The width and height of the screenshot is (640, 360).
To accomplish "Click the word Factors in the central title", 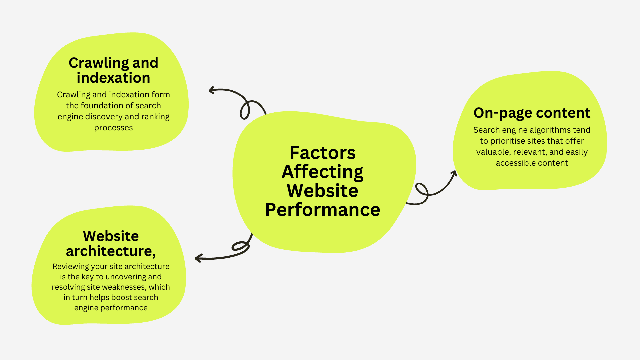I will pos(322,153).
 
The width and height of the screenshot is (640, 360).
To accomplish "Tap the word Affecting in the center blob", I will pos(322,172).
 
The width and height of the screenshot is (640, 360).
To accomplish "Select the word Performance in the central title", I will pos(322,210).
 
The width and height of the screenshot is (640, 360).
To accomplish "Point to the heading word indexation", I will pos(113,78).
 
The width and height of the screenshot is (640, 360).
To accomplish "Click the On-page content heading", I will pos(532,113).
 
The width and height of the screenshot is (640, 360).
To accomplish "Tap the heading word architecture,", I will pos(111,251).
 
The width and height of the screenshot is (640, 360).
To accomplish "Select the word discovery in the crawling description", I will pos(104,117).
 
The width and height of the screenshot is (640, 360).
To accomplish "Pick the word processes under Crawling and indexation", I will pos(113,128).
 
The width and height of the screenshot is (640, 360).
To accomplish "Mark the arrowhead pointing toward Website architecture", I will pos(197,258).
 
